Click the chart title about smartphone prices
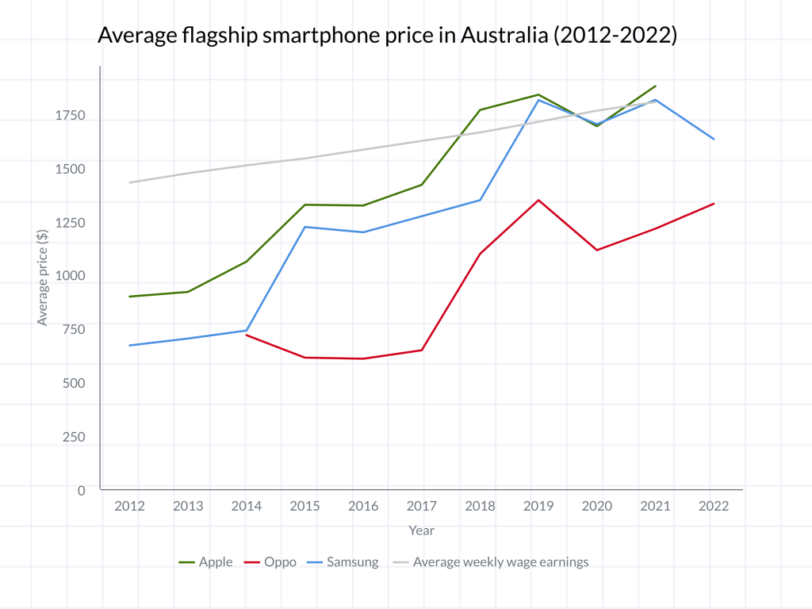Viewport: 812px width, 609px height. [386, 36]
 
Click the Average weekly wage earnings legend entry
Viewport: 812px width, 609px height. [492, 562]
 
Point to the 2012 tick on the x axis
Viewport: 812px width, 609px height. [130, 506]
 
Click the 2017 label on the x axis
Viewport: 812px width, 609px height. [422, 506]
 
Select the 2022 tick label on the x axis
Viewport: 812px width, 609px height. [714, 506]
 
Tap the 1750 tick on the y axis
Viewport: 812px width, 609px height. [69, 116]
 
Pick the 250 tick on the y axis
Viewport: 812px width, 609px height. [75, 437]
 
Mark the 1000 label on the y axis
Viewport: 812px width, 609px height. [69, 277]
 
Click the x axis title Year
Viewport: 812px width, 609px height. [422, 530]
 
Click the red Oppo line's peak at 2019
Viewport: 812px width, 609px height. [539, 200]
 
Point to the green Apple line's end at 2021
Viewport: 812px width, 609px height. [656, 86]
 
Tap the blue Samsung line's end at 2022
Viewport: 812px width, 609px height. [714, 139]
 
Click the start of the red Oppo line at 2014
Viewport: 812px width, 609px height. [247, 335]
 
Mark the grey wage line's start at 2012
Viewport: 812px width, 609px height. [130, 182]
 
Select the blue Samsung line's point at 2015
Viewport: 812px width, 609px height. [305, 227]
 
